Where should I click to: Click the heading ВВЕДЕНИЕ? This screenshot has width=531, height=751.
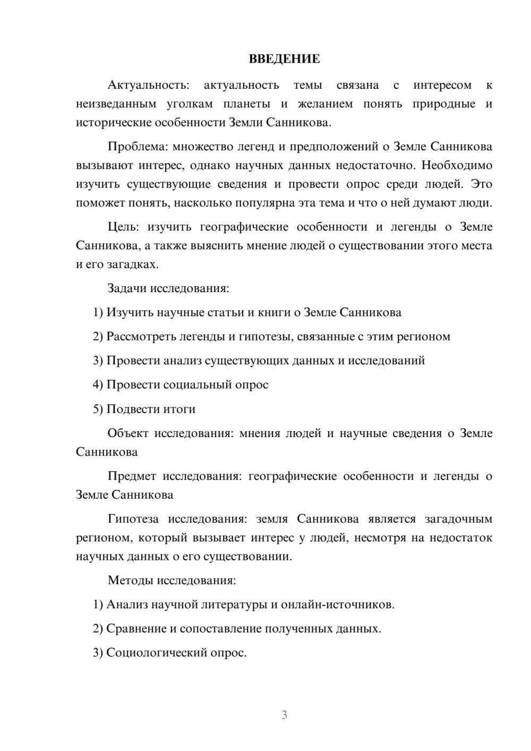coord(284,59)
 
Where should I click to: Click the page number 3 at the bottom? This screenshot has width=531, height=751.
coord(284,715)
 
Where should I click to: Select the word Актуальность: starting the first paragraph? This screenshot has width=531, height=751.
coord(148,85)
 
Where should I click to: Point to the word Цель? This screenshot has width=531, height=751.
coord(123,227)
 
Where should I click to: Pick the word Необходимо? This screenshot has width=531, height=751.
coord(457,165)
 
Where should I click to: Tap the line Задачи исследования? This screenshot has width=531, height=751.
coord(168,288)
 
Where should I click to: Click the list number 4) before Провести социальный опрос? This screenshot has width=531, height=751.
coord(98,385)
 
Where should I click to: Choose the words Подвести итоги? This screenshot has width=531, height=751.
coord(151,409)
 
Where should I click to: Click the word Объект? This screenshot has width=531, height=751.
coord(128,433)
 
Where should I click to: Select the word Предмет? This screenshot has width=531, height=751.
coord(132,476)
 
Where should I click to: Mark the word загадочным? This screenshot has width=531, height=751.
coord(459,519)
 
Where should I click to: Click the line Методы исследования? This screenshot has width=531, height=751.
coord(172,580)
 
